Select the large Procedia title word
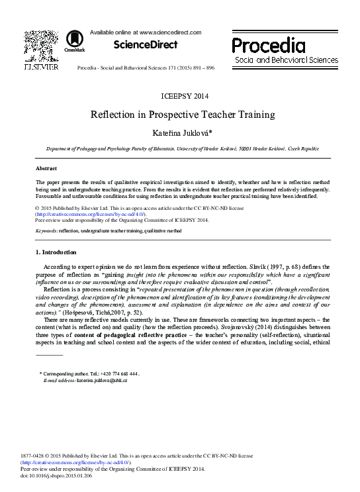[x=269, y=46]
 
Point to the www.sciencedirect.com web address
[x=163, y=31]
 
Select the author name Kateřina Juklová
[x=179, y=133]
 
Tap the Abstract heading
[x=46, y=169]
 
